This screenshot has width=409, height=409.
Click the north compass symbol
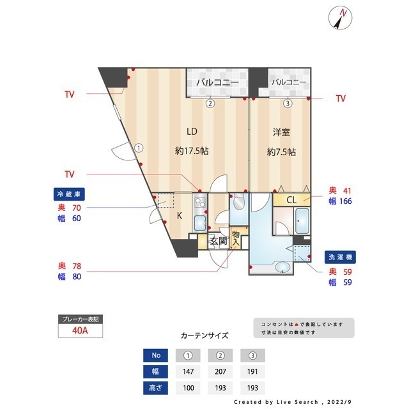click(339, 17)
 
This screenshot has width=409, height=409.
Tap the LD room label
click(191, 132)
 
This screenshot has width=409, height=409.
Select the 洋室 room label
click(281, 132)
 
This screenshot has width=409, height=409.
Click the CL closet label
click(291, 200)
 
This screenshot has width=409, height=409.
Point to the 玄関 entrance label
click(219, 241)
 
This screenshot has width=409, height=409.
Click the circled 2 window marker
click(209, 103)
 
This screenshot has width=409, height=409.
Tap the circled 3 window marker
click(288, 103)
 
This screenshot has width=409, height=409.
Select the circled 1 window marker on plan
click(138, 147)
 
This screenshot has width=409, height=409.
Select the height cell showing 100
click(188, 388)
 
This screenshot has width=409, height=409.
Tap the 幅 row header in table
click(157, 371)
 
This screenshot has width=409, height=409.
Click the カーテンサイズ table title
click(204, 335)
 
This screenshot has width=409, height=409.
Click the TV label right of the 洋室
click(341, 98)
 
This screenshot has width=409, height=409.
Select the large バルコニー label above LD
click(217, 83)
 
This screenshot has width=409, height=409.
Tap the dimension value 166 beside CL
click(346, 201)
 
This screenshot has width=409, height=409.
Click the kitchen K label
click(180, 216)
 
